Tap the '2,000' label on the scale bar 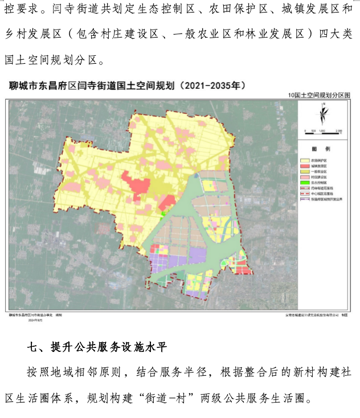tap(338, 130)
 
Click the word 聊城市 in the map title tap(23, 86)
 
